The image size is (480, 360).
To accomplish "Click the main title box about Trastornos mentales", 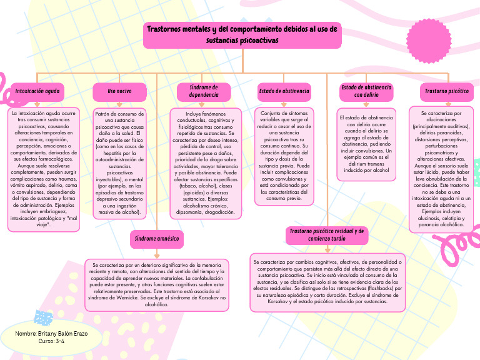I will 242,34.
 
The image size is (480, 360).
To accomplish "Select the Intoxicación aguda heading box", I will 37,92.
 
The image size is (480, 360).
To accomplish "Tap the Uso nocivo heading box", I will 119,92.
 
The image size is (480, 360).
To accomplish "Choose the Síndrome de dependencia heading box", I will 204,92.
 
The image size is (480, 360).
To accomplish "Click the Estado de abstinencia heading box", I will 284,92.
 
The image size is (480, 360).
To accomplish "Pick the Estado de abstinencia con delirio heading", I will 366,92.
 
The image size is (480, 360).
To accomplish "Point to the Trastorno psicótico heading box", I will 446,92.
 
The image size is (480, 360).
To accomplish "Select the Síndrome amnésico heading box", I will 156,239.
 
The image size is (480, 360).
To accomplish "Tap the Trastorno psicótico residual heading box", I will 327,235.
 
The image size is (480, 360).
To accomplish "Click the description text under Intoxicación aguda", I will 43,169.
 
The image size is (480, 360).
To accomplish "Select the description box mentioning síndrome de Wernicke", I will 157,284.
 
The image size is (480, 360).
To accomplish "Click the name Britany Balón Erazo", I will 51,334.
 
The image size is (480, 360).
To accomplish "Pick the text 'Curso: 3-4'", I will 51,342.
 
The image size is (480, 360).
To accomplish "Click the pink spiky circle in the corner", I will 429,40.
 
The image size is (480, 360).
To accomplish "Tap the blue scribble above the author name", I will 44,319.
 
